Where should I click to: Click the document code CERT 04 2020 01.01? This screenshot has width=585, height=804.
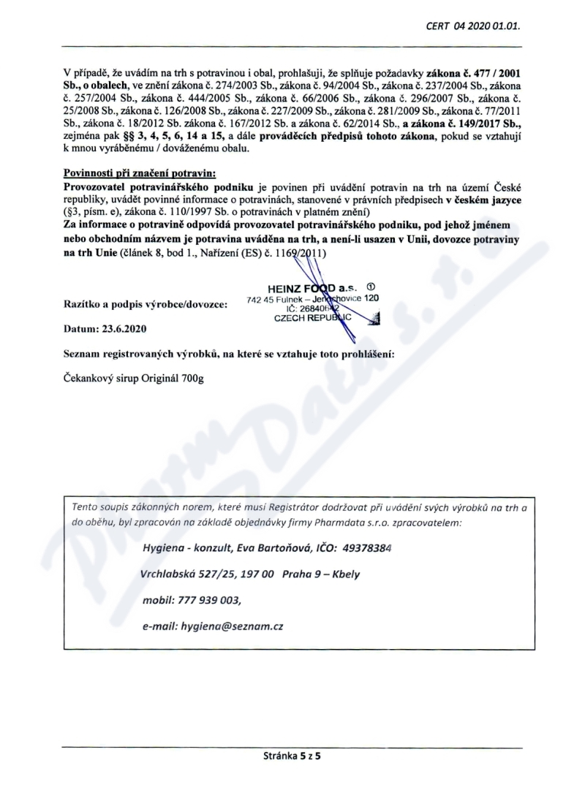[477, 26]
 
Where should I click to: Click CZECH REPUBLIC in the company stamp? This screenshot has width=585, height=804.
[312, 318]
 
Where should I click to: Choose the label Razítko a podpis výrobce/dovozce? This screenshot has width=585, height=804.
[146, 303]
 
